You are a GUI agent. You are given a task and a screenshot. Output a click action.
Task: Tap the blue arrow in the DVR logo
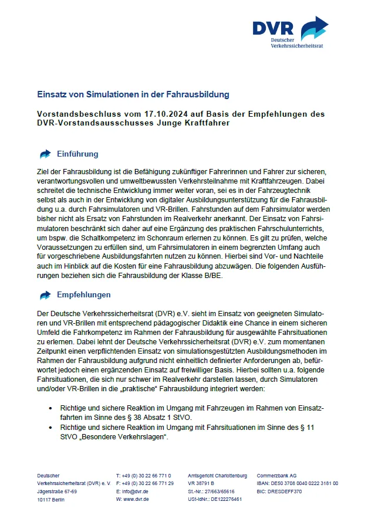point(314,28)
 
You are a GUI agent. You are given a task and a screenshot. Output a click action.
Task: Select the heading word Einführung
point(77,154)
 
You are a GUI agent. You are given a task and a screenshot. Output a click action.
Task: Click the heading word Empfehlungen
point(84,294)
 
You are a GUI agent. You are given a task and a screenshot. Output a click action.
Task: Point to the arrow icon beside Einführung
point(45,154)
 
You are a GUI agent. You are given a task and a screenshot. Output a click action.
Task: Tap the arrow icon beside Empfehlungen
point(45,294)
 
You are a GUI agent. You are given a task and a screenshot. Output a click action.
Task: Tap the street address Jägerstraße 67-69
point(57,492)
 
